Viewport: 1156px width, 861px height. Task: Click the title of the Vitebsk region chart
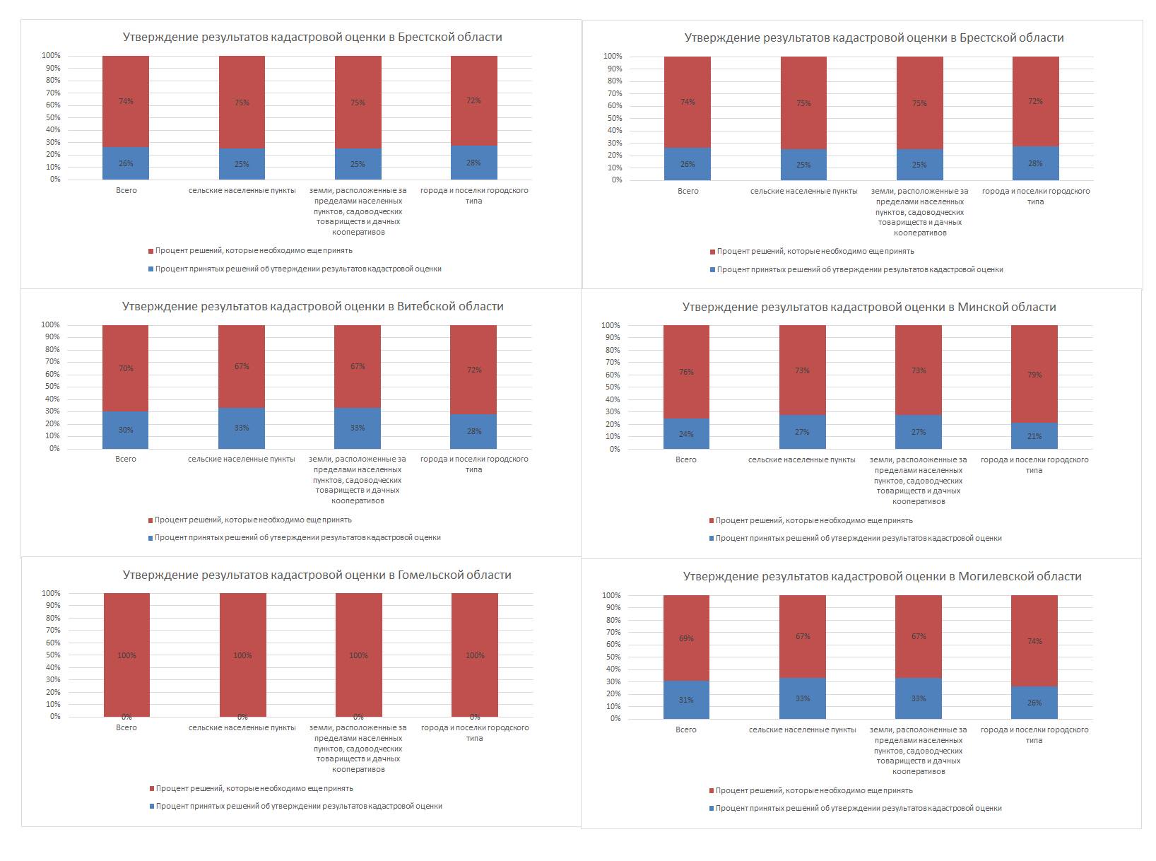(x=312, y=307)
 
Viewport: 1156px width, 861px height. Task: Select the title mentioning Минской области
(x=868, y=307)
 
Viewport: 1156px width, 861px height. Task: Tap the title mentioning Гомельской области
(x=317, y=575)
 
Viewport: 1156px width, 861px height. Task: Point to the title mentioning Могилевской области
(x=882, y=577)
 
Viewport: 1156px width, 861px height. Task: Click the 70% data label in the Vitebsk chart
(x=126, y=368)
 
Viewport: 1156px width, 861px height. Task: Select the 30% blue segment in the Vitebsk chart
(x=126, y=430)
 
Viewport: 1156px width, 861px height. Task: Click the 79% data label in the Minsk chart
(x=1034, y=375)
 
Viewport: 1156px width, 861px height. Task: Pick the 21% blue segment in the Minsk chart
(x=1034, y=436)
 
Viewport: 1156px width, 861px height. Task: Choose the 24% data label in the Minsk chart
(x=686, y=434)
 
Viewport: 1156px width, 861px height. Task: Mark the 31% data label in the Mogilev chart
(x=686, y=700)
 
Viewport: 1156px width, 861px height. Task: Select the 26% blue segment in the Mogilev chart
(x=1034, y=703)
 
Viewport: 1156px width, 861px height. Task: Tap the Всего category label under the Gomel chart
(x=126, y=727)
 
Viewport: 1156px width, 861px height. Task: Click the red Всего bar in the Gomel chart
(x=126, y=636)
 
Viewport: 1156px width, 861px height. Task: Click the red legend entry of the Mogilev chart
(x=813, y=791)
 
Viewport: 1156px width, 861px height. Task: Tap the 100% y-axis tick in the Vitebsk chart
(x=50, y=325)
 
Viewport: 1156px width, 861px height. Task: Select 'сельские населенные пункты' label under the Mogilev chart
(x=802, y=730)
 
